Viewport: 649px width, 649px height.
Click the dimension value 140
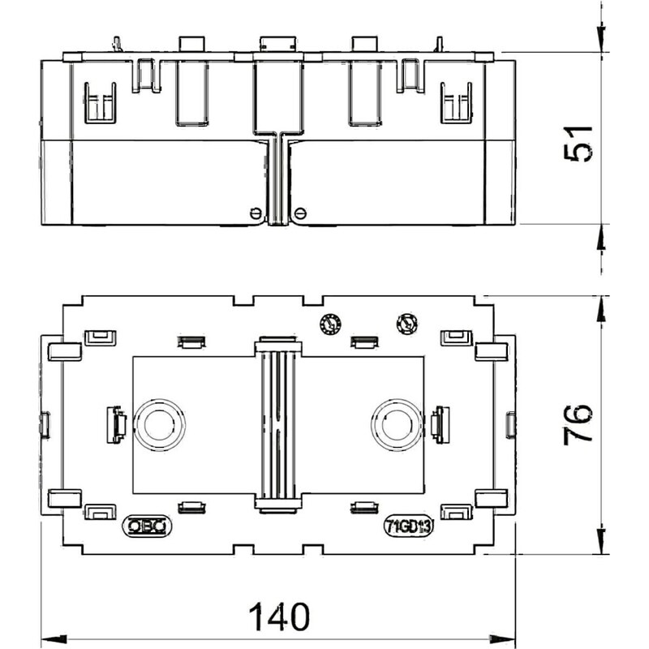coord(279,617)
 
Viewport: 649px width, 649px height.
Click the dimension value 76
coord(578,425)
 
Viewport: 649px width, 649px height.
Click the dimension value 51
coord(578,144)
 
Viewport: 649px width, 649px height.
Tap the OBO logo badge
coord(147,526)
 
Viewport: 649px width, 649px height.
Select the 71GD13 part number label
coord(409,526)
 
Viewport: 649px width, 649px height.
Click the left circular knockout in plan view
coord(159,425)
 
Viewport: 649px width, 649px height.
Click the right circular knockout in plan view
coord(397,425)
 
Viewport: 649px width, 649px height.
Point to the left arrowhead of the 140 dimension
coord(54,638)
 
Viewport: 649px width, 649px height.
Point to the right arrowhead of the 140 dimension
coord(502,638)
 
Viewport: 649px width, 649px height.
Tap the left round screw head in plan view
coord(330,324)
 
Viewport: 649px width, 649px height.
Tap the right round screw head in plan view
coord(407,324)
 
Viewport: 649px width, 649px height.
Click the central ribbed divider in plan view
coord(278,424)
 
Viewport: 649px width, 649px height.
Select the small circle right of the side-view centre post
coord(300,213)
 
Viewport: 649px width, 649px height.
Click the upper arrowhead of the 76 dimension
coord(601,309)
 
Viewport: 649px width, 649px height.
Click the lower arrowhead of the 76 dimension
coord(601,541)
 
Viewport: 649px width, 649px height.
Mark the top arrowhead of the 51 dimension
coord(601,40)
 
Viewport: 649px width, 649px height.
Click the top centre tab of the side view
coord(277,44)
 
